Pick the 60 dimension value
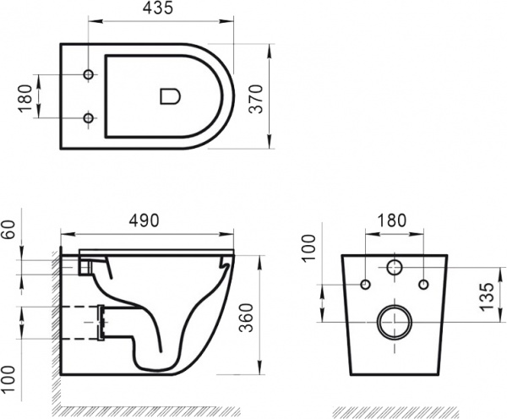pos(12,231)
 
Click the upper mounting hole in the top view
pos(90,77)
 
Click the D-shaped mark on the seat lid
pos(170,96)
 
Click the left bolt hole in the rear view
pos(365,283)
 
